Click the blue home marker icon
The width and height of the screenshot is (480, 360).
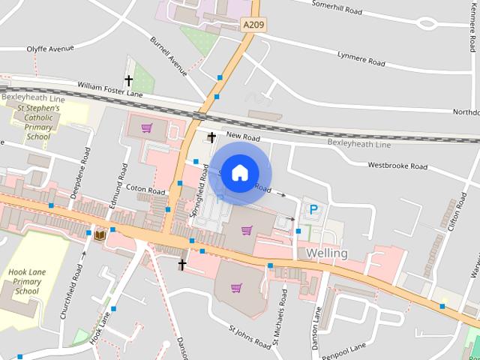coord(239,172)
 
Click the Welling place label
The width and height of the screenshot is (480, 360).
coord(327,253)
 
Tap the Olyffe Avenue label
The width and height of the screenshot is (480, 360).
coord(50,49)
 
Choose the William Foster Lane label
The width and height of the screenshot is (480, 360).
coord(109,91)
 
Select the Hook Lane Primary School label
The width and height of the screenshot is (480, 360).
coord(26,281)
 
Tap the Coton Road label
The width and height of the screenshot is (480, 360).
coord(145,191)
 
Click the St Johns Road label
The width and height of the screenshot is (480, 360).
coord(250,337)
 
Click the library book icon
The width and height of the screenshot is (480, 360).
coord(100,235)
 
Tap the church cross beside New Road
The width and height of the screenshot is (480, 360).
coord(212,137)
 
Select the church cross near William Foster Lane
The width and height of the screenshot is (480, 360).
coord(128,79)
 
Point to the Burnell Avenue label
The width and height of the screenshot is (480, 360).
coord(168,56)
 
